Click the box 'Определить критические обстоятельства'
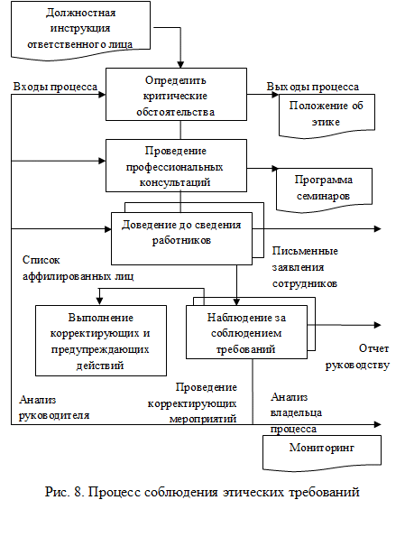tap(176, 94)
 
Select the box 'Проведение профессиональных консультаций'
tap(176, 165)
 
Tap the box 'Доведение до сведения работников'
tap(181, 238)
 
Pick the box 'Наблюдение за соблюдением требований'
tap(246, 332)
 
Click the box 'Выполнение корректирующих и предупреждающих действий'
tap(101, 341)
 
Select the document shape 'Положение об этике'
tap(327, 116)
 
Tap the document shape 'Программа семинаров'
tap(324, 190)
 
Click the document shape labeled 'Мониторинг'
tap(322, 453)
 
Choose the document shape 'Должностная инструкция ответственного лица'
tap(80, 30)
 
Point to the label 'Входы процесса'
tap(55, 87)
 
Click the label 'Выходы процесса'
tap(313, 87)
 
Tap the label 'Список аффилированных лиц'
tap(78, 268)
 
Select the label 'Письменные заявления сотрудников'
tap(305, 267)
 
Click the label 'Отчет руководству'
tap(357, 356)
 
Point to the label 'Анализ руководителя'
tap(54, 407)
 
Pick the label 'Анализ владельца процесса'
tap(297, 413)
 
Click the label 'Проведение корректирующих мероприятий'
tap(192, 403)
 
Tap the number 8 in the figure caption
tap(78, 492)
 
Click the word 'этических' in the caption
tap(253, 493)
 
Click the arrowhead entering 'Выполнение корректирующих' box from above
tap(99, 301)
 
